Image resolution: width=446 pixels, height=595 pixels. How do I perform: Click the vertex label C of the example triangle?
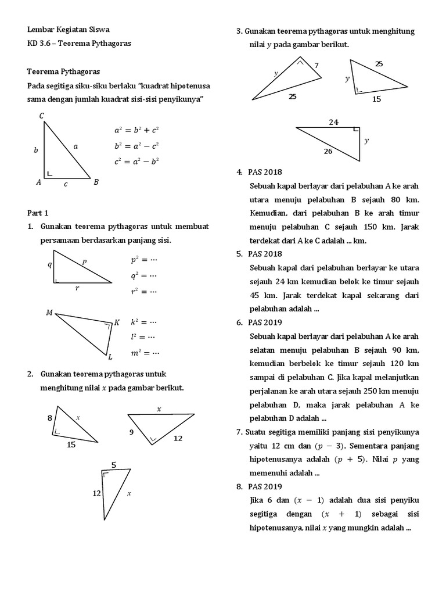42,116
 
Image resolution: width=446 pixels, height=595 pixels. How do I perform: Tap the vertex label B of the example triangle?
96,182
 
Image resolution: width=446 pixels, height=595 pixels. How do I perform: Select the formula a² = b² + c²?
137,131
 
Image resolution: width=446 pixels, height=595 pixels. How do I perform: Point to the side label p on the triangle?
84,261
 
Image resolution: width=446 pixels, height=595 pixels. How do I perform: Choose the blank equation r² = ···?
144,291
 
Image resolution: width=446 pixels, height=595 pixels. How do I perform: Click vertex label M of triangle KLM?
49,313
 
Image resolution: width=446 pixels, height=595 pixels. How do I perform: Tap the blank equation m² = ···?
145,352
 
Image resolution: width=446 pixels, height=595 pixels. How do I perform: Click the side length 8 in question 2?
50,418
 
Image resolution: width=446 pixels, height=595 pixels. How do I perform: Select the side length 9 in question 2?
132,432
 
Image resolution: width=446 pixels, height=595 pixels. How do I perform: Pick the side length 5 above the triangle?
114,464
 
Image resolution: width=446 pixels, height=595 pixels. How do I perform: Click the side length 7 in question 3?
316,66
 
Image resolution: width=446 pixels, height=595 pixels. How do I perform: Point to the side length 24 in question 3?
333,122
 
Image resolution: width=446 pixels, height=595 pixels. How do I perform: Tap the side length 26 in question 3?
328,152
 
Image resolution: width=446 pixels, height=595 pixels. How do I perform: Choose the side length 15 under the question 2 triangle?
71,445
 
